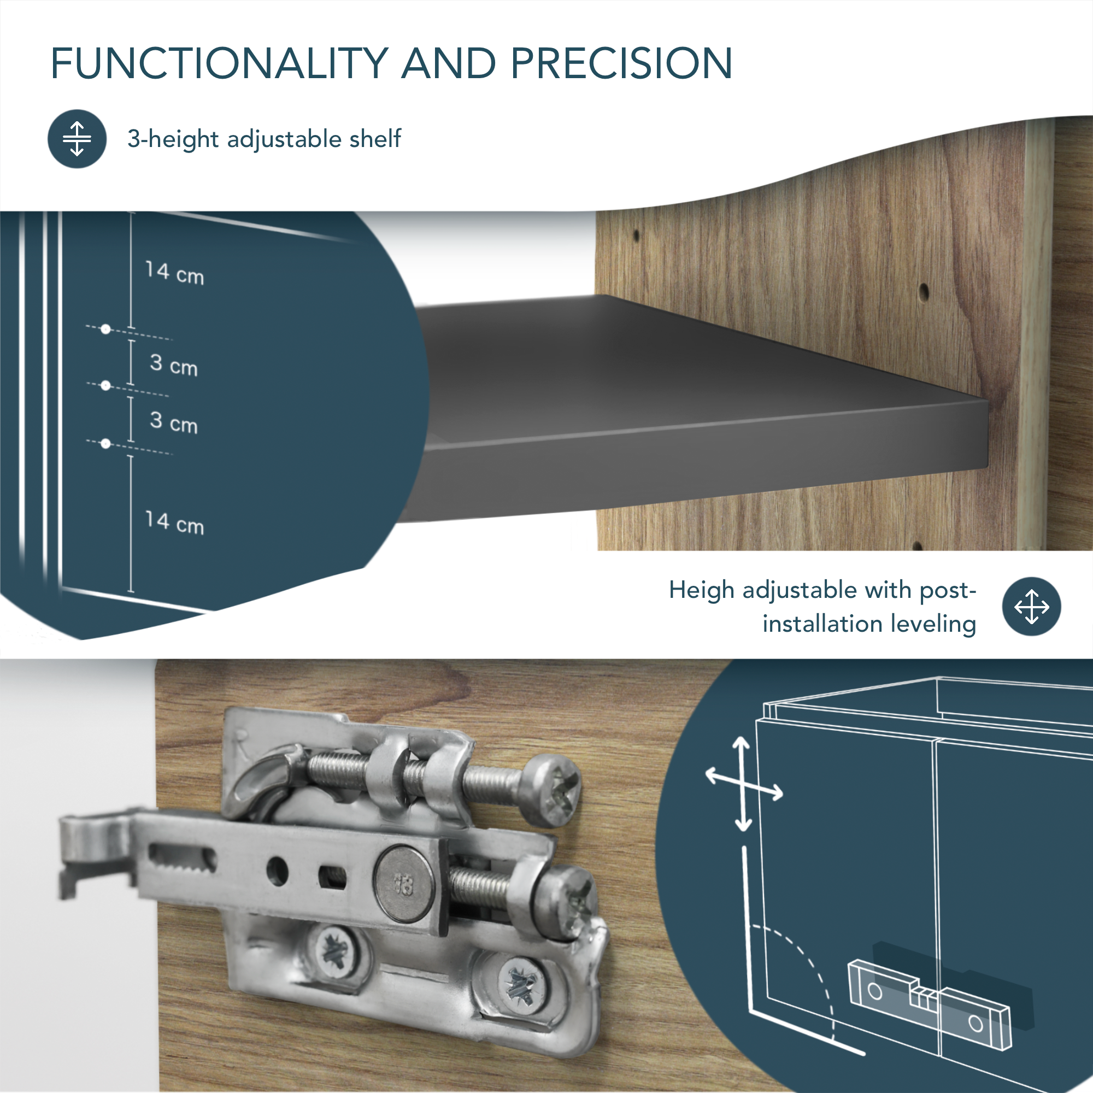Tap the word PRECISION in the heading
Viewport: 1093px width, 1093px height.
tap(621, 63)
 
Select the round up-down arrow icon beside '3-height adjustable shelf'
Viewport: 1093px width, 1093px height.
tap(77, 139)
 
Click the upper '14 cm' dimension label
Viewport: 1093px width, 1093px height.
tap(174, 273)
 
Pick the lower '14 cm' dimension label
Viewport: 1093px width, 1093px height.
tap(174, 523)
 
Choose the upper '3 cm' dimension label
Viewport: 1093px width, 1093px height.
tap(174, 365)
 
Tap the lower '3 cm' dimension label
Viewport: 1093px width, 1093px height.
tap(174, 422)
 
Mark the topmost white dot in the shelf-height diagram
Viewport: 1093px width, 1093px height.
tap(106, 329)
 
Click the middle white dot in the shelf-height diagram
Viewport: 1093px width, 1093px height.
tap(105, 386)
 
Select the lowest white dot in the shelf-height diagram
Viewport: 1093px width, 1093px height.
tap(105, 444)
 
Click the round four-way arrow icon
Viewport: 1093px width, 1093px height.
tap(1031, 607)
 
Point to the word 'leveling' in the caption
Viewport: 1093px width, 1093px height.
tap(933, 625)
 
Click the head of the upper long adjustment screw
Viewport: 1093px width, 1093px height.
tap(551, 789)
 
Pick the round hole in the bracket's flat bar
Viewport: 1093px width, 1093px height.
tap(277, 871)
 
